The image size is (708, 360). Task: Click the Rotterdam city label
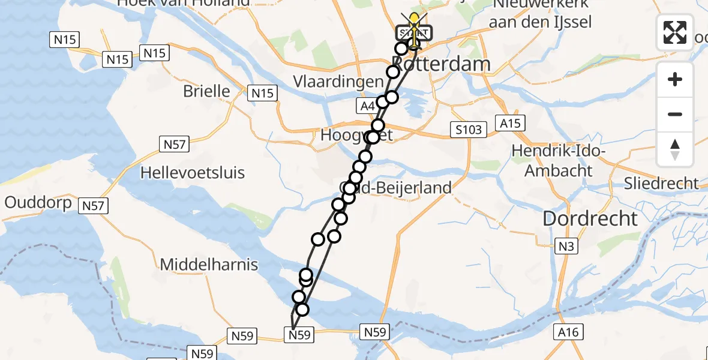point(441,64)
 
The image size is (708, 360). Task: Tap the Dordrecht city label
point(590,218)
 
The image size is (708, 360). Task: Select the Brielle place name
point(206,91)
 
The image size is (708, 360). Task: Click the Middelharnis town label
point(209,264)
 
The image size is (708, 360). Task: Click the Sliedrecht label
point(661,183)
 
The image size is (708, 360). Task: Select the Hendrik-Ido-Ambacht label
point(558,161)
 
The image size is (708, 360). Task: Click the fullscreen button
point(675,32)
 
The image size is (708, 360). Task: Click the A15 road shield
point(511,123)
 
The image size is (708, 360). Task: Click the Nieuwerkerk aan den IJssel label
point(540,13)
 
